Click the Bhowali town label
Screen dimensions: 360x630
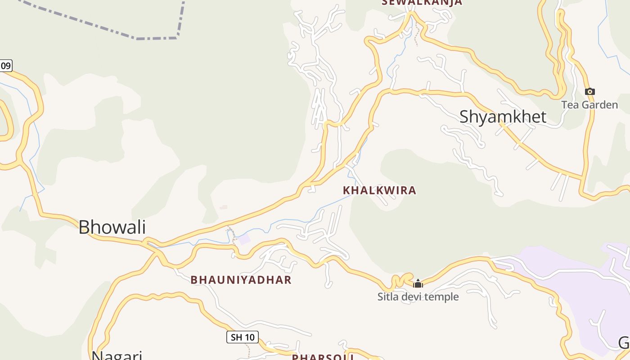point(112,227)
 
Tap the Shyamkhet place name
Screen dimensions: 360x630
point(503,117)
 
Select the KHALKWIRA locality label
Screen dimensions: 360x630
point(379,190)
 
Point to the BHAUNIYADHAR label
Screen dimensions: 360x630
point(241,280)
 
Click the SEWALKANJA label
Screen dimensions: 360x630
point(422,3)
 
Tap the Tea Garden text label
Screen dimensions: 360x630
point(589,105)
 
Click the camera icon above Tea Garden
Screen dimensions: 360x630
point(589,92)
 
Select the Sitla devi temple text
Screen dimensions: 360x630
point(418,297)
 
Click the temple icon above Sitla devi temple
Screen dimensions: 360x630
point(418,283)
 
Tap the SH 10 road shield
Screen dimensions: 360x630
point(242,337)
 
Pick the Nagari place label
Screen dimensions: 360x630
point(117,355)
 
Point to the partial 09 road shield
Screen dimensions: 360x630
point(5,66)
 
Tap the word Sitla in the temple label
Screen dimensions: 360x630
point(387,297)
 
